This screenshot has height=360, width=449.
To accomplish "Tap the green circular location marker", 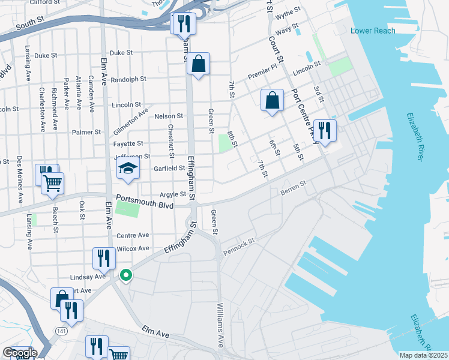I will coord(126,275).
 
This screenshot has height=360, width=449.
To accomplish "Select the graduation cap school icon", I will coord(128,170).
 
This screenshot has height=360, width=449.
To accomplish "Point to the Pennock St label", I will coord(240,246).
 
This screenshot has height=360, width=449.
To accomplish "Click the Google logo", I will coord(19,353).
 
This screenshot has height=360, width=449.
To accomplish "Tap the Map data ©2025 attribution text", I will coord(423,355).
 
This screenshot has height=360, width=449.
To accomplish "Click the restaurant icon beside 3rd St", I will coord(324,131).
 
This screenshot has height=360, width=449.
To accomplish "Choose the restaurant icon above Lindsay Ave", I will coord(104,259).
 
